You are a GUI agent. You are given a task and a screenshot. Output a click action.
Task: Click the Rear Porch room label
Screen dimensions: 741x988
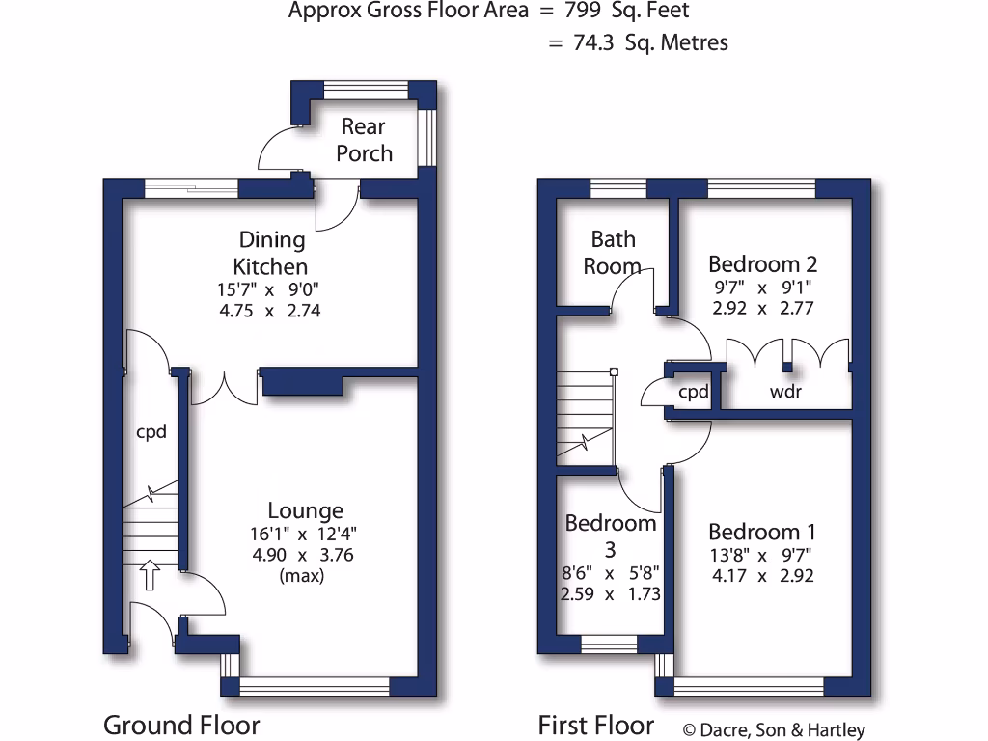(364, 140)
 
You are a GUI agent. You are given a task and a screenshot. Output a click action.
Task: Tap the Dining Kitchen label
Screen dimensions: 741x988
(271, 253)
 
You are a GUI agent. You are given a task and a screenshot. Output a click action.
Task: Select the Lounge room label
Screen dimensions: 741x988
(305, 511)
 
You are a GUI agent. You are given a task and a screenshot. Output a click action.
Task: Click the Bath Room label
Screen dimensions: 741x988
(613, 252)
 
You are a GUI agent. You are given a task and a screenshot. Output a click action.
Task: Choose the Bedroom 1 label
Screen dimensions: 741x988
(761, 532)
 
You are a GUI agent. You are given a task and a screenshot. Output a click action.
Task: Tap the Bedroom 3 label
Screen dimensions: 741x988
(610, 535)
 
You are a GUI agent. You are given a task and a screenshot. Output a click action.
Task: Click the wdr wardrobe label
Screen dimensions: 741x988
(784, 392)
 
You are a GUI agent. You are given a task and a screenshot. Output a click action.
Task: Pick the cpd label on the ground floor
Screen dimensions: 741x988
(151, 431)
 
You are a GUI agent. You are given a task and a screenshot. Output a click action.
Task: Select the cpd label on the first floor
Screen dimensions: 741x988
(694, 392)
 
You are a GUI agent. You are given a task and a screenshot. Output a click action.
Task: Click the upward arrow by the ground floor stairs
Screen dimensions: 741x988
(150, 575)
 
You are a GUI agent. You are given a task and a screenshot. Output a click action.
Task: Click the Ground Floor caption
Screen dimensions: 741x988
(181, 725)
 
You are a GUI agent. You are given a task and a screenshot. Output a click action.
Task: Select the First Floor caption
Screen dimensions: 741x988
(595, 725)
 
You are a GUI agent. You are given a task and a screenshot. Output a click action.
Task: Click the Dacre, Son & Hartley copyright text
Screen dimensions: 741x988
(774, 730)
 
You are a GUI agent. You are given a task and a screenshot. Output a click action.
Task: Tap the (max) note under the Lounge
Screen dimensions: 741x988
(301, 576)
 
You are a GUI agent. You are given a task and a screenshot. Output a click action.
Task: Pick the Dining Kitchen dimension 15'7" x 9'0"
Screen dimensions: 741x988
(271, 288)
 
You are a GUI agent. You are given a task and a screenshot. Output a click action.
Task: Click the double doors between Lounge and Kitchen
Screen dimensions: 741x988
(225, 388)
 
